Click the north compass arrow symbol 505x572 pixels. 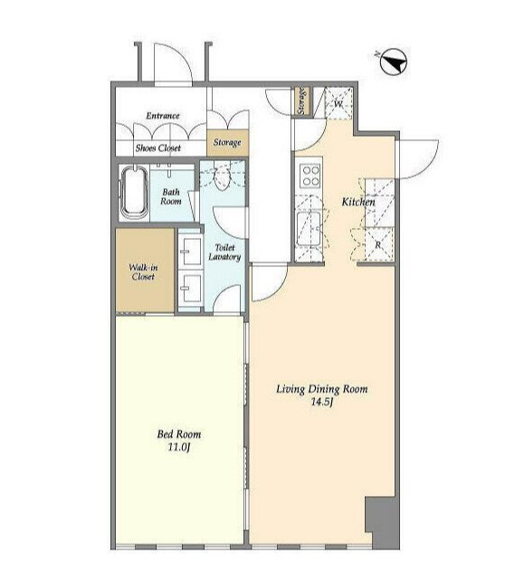(x=394, y=62)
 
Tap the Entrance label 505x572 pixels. (x=163, y=116)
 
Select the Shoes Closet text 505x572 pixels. (x=158, y=148)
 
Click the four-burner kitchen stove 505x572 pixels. (x=310, y=176)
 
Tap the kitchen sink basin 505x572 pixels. (x=309, y=229)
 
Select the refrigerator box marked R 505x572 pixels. (x=379, y=244)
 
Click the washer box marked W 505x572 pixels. (x=338, y=103)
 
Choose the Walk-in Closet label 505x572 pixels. (x=143, y=272)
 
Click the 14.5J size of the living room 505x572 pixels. (x=322, y=402)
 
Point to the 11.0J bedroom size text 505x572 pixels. (x=179, y=447)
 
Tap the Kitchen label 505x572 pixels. (x=358, y=202)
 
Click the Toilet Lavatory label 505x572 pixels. (x=224, y=253)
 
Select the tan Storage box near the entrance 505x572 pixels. (x=227, y=142)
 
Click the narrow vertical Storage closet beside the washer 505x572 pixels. (x=302, y=101)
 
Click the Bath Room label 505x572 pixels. (x=171, y=196)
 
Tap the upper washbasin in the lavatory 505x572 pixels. (x=191, y=252)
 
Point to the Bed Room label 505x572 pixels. (x=179, y=434)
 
